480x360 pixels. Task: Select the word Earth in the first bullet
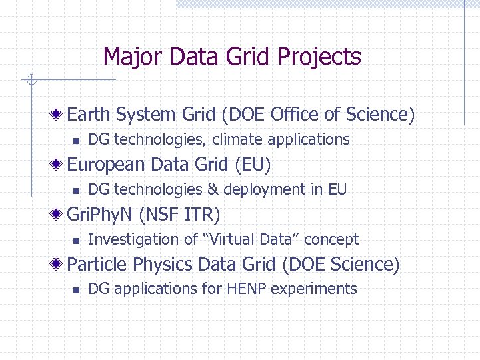tap(89, 115)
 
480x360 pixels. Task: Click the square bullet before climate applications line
tap(76, 140)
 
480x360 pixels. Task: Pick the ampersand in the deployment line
tap(213, 189)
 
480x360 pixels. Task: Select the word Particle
tap(98, 265)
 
